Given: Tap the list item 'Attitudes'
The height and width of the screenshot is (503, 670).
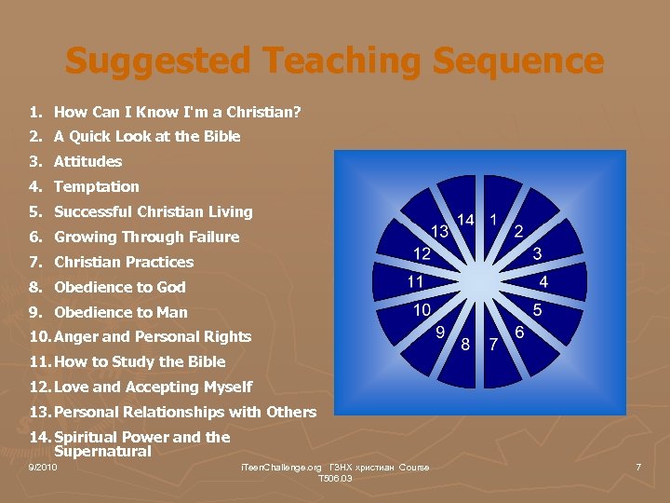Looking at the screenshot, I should pyautogui.click(x=87, y=161).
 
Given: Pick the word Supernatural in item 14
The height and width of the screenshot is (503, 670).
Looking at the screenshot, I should pyautogui.click(x=103, y=452).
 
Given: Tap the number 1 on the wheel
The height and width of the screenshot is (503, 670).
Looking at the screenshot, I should pyautogui.click(x=493, y=220).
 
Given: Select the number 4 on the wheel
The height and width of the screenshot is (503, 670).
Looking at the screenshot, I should pyautogui.click(x=543, y=281).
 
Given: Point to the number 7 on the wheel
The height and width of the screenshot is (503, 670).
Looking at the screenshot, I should pyautogui.click(x=493, y=344).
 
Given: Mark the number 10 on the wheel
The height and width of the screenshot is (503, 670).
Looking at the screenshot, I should pyautogui.click(x=422, y=309).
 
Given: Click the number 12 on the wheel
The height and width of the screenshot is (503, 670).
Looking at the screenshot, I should pyautogui.click(x=422, y=253).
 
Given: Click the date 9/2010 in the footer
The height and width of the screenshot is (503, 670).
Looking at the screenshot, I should pyautogui.click(x=43, y=467).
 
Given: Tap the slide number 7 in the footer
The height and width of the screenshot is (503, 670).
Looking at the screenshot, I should pyautogui.click(x=638, y=467).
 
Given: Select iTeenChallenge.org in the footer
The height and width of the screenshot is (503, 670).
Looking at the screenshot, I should pyautogui.click(x=281, y=467).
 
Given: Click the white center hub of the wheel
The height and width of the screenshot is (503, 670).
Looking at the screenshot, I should pyautogui.click(x=480, y=280).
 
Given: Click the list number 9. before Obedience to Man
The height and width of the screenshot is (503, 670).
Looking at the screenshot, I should pyautogui.click(x=35, y=312).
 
